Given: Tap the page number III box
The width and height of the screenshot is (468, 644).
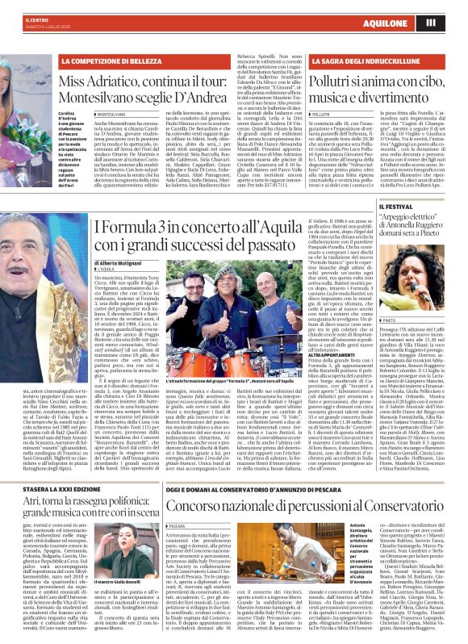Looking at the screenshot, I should pos(453,22).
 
